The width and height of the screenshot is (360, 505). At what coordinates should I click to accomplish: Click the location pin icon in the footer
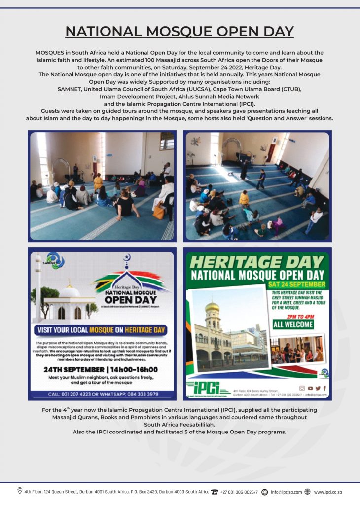(20, 491)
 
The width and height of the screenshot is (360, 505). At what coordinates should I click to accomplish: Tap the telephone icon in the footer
(215, 492)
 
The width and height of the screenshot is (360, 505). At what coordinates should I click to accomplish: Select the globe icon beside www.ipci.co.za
(307, 492)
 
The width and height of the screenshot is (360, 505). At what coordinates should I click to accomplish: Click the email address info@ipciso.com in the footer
(286, 492)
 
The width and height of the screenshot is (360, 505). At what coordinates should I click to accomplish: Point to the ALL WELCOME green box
(293, 324)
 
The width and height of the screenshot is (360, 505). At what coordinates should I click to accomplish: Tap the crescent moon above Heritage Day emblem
(127, 257)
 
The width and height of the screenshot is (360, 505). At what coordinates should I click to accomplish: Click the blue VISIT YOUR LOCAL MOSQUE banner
(101, 330)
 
